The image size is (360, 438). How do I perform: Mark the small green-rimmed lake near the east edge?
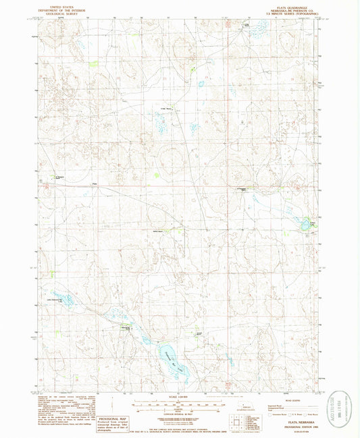pos(306,223)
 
